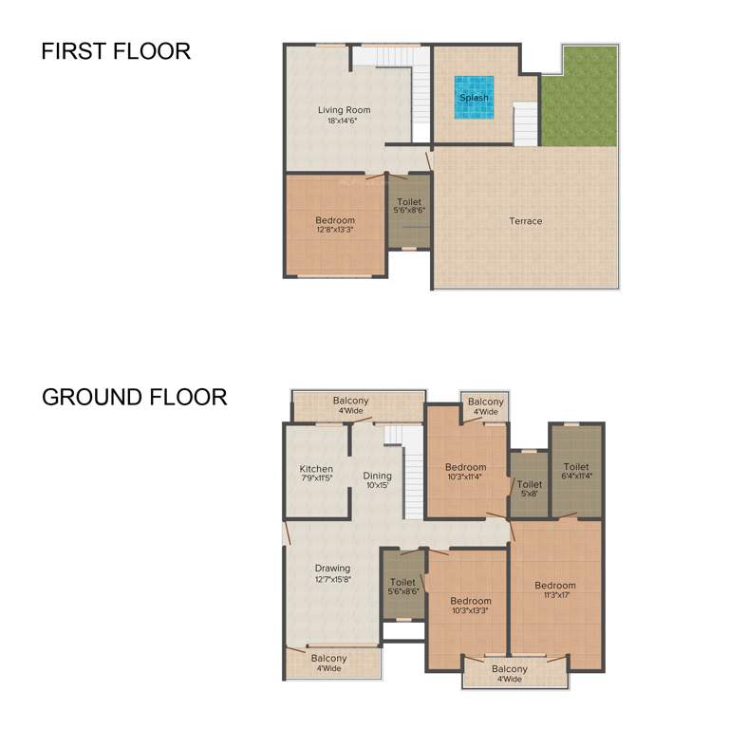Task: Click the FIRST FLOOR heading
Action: [116, 51]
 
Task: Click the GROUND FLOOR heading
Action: [134, 396]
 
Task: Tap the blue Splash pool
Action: [474, 98]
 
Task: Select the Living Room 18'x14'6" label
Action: [344, 115]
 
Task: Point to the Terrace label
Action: [525, 221]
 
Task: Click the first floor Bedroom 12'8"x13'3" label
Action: [335, 225]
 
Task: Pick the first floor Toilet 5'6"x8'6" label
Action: [409, 206]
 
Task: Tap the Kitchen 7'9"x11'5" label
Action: [316, 474]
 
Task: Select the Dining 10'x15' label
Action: [377, 480]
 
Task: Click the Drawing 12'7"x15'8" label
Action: [332, 573]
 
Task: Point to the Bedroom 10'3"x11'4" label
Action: [465, 472]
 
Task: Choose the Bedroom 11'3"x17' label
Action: [554, 590]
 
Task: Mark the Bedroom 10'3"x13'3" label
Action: [470, 606]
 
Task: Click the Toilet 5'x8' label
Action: [529, 489]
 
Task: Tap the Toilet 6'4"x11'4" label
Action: [576, 472]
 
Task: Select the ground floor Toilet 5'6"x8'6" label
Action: [402, 587]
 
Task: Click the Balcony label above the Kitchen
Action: [350, 405]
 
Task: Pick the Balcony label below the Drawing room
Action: [328, 663]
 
